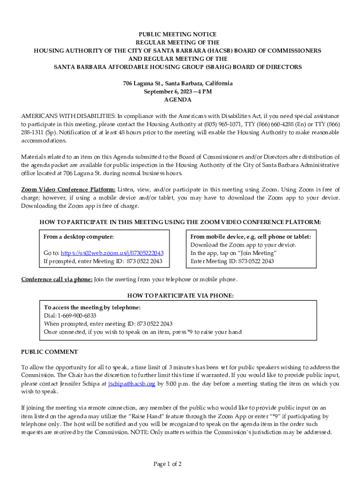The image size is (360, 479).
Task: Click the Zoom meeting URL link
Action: [x=112, y=253]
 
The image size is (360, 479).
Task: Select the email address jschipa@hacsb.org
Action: [x=131, y=384]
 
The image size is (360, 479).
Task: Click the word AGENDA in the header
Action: [x=178, y=100]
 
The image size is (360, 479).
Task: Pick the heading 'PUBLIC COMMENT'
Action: [x=50, y=352]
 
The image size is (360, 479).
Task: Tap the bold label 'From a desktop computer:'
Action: [x=79, y=237]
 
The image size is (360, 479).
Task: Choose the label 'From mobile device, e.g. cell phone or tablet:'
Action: [x=250, y=237]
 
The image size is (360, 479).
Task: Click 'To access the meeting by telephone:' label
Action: [x=92, y=307]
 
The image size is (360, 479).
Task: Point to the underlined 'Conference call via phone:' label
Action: [x=57, y=280]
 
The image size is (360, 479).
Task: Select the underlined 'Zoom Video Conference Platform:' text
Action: [x=68, y=189]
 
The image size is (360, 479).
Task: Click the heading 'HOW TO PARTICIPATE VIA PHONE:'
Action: [x=180, y=296]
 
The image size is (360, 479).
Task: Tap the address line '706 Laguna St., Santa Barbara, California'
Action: [x=178, y=83]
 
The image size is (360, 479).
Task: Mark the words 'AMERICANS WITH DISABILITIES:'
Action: [x=68, y=116]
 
